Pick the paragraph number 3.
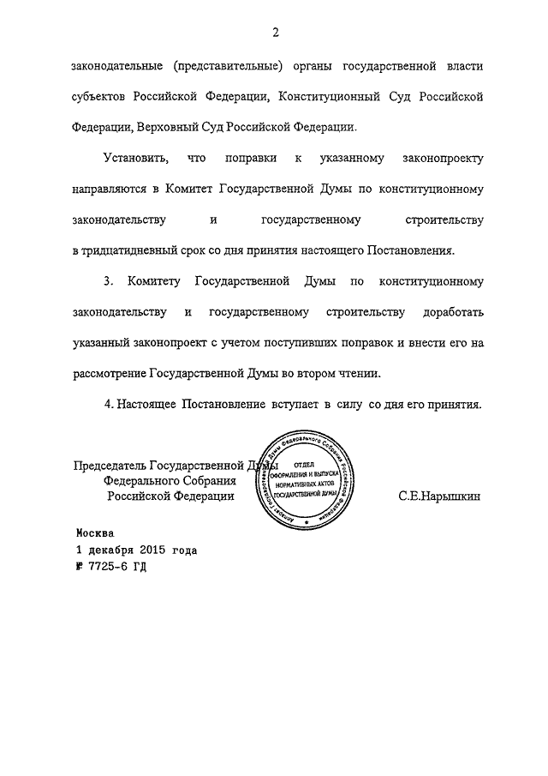pos(107,282)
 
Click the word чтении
pos(357,374)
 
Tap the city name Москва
pos(94,532)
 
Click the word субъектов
pos(100,96)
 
